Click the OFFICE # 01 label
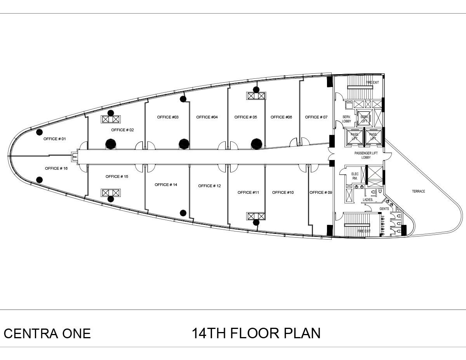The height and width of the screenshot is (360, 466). (55, 139)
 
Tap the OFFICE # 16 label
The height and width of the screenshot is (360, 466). (56, 168)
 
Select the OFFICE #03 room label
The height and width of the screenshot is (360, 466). (168, 117)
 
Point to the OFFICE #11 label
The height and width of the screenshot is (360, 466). (248, 192)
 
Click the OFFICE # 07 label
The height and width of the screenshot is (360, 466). (316, 117)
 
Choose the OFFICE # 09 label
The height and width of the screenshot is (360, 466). (321, 192)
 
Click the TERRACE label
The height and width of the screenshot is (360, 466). (419, 191)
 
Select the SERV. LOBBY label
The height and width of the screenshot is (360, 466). (346, 119)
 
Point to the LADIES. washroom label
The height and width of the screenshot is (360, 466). (368, 200)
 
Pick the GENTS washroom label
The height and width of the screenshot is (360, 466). (384, 209)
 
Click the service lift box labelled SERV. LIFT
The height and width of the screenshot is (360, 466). (364, 119)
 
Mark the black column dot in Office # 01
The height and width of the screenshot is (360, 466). (39, 132)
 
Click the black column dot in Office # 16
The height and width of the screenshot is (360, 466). (39, 179)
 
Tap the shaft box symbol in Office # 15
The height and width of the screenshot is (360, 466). (111, 193)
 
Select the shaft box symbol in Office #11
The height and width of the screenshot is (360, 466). (256, 216)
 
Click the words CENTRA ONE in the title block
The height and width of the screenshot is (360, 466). (47, 334)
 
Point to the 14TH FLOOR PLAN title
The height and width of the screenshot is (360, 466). (256, 333)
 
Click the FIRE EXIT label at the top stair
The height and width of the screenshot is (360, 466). (372, 83)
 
